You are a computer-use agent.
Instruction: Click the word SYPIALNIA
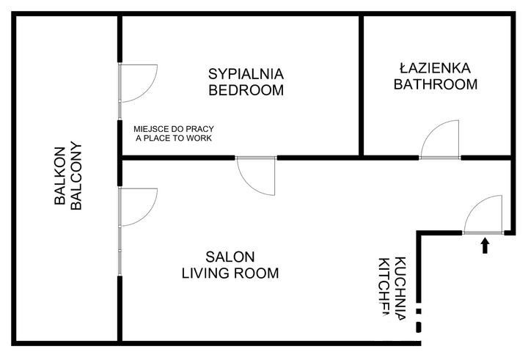(246, 74)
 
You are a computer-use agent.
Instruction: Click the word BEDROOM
(246, 91)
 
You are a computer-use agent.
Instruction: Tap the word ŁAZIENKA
(436, 67)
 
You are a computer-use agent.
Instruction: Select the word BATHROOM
(436, 84)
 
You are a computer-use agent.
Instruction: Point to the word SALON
(230, 257)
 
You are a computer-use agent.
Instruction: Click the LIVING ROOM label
(230, 274)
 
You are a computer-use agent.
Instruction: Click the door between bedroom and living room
(255, 176)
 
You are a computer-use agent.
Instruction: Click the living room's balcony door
(138, 207)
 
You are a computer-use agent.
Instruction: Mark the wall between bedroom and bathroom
(362, 84)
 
